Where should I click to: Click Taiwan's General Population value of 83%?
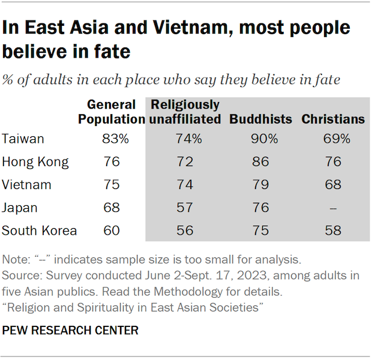[x=115, y=139]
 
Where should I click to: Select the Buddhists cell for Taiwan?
[x=264, y=139]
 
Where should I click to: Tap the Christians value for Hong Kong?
[x=333, y=161]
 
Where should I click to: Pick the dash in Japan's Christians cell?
[x=333, y=208]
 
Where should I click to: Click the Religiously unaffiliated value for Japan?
[x=184, y=208]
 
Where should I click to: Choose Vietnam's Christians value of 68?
[x=333, y=185]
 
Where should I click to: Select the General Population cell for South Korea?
[x=112, y=230]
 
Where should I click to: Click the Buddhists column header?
[x=260, y=119]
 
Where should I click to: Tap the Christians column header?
[x=333, y=119]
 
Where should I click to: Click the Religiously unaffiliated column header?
[x=184, y=112]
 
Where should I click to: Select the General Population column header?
[x=112, y=112]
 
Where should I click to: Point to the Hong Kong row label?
[x=35, y=161]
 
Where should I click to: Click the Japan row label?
[x=20, y=208]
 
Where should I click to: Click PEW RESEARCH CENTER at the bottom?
[x=71, y=330]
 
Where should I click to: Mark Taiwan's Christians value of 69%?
[x=333, y=139]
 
